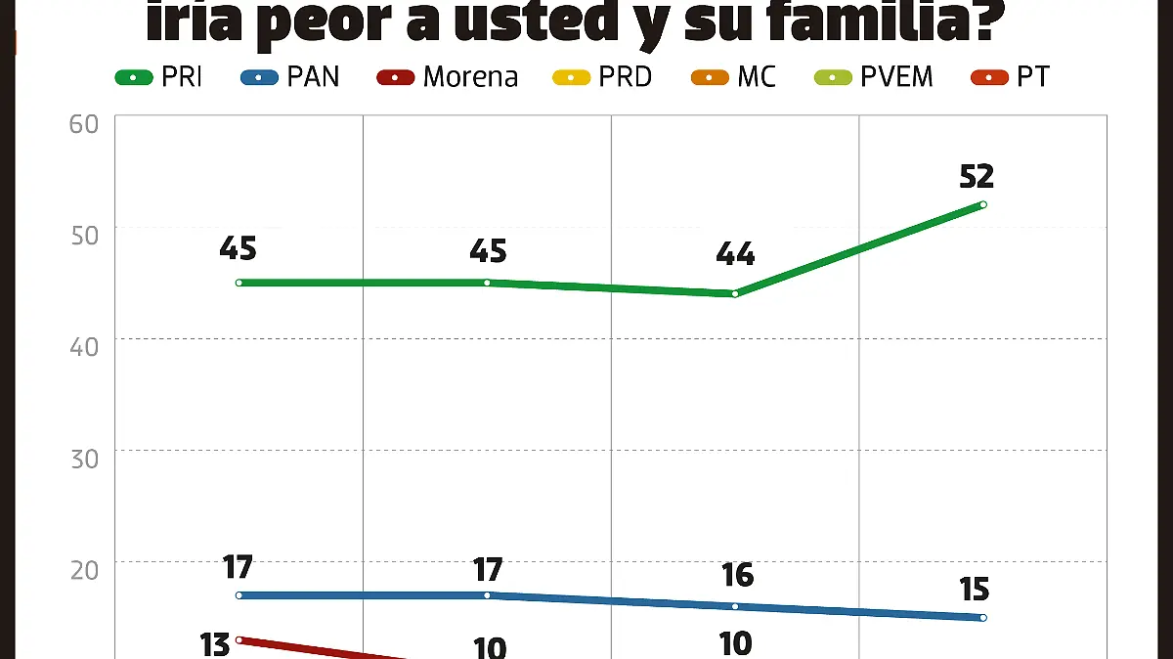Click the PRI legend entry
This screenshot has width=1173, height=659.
click(x=159, y=77)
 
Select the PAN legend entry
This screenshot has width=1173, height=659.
click(x=290, y=77)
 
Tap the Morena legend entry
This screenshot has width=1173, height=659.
click(x=448, y=77)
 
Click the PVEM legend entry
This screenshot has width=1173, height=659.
click(x=874, y=77)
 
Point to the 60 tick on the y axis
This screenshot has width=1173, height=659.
click(x=84, y=124)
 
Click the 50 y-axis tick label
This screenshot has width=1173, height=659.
click(x=84, y=236)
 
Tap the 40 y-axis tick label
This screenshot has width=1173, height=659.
click(x=84, y=347)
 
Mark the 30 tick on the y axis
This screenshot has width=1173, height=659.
click(x=84, y=459)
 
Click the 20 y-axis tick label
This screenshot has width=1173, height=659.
click(x=84, y=570)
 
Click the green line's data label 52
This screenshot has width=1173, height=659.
click(x=977, y=176)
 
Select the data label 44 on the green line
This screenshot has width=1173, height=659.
click(x=735, y=254)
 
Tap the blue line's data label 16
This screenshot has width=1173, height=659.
click(x=737, y=575)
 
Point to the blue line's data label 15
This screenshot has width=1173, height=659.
click(x=974, y=589)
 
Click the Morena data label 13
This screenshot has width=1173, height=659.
click(x=215, y=644)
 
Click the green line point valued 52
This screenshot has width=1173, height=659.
click(x=982, y=204)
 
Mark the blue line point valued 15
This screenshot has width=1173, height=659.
click(x=982, y=617)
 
